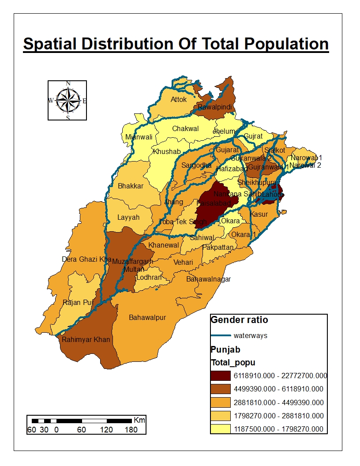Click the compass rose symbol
67,100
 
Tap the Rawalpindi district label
214,107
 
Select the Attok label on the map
179,99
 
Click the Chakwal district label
185,129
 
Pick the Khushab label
167,151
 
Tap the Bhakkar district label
130,186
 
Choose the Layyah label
128,217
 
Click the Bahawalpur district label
147,317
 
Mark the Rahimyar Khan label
86,340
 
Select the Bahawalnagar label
208,279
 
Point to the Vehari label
183,262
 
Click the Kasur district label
259,214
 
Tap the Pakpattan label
217,248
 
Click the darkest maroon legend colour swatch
221,376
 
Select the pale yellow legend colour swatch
221,428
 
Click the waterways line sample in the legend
221,335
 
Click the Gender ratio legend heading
240,320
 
